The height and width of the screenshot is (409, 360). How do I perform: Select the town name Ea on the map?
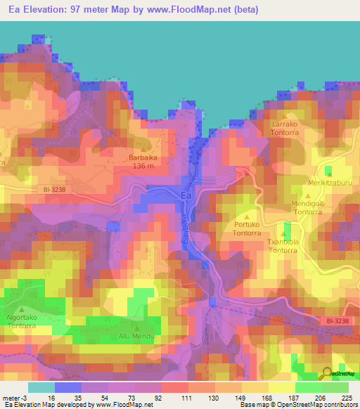(x=186, y=196)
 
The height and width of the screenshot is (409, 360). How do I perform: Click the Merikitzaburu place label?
(x=328, y=183)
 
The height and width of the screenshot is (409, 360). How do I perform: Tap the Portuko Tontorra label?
(x=247, y=228)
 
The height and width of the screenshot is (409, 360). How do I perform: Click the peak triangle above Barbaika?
(x=144, y=149)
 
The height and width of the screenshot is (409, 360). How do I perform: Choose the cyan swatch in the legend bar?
(x=41, y=387)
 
